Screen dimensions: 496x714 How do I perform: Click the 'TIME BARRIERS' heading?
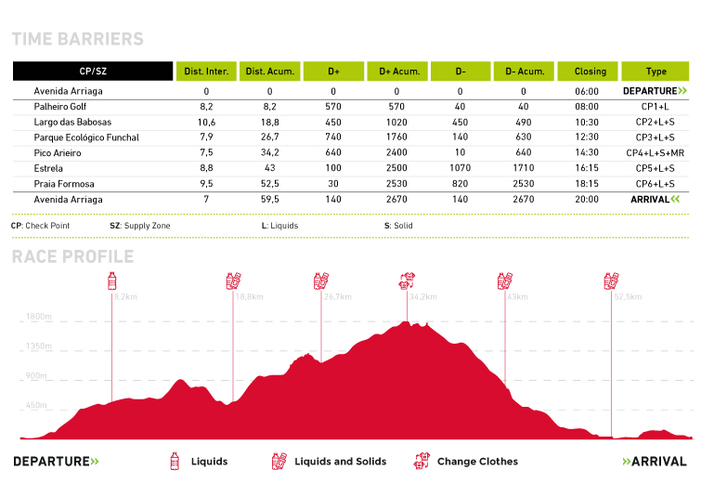(77, 39)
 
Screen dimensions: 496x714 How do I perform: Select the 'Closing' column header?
(590, 72)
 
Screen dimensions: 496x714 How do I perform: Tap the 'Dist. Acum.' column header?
(269, 72)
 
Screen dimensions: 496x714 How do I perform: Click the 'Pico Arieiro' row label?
(61, 153)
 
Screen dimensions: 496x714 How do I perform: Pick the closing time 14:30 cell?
(590, 153)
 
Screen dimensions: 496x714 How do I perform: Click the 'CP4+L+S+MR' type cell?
(655, 153)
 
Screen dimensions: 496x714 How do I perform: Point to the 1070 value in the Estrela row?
(460, 168)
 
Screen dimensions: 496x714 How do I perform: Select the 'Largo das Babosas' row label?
(72, 123)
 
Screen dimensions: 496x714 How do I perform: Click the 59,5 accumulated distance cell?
(269, 200)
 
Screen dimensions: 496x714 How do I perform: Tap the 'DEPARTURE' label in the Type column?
(655, 91)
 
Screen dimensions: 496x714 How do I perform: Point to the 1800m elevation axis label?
(38, 317)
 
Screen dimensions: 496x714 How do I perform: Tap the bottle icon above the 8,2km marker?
(113, 280)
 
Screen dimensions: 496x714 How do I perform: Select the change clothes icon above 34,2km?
(407, 280)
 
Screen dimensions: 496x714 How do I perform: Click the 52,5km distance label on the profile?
(628, 297)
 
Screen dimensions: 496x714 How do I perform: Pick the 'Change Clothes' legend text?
(477, 462)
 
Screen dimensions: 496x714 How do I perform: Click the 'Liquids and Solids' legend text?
(340, 462)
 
